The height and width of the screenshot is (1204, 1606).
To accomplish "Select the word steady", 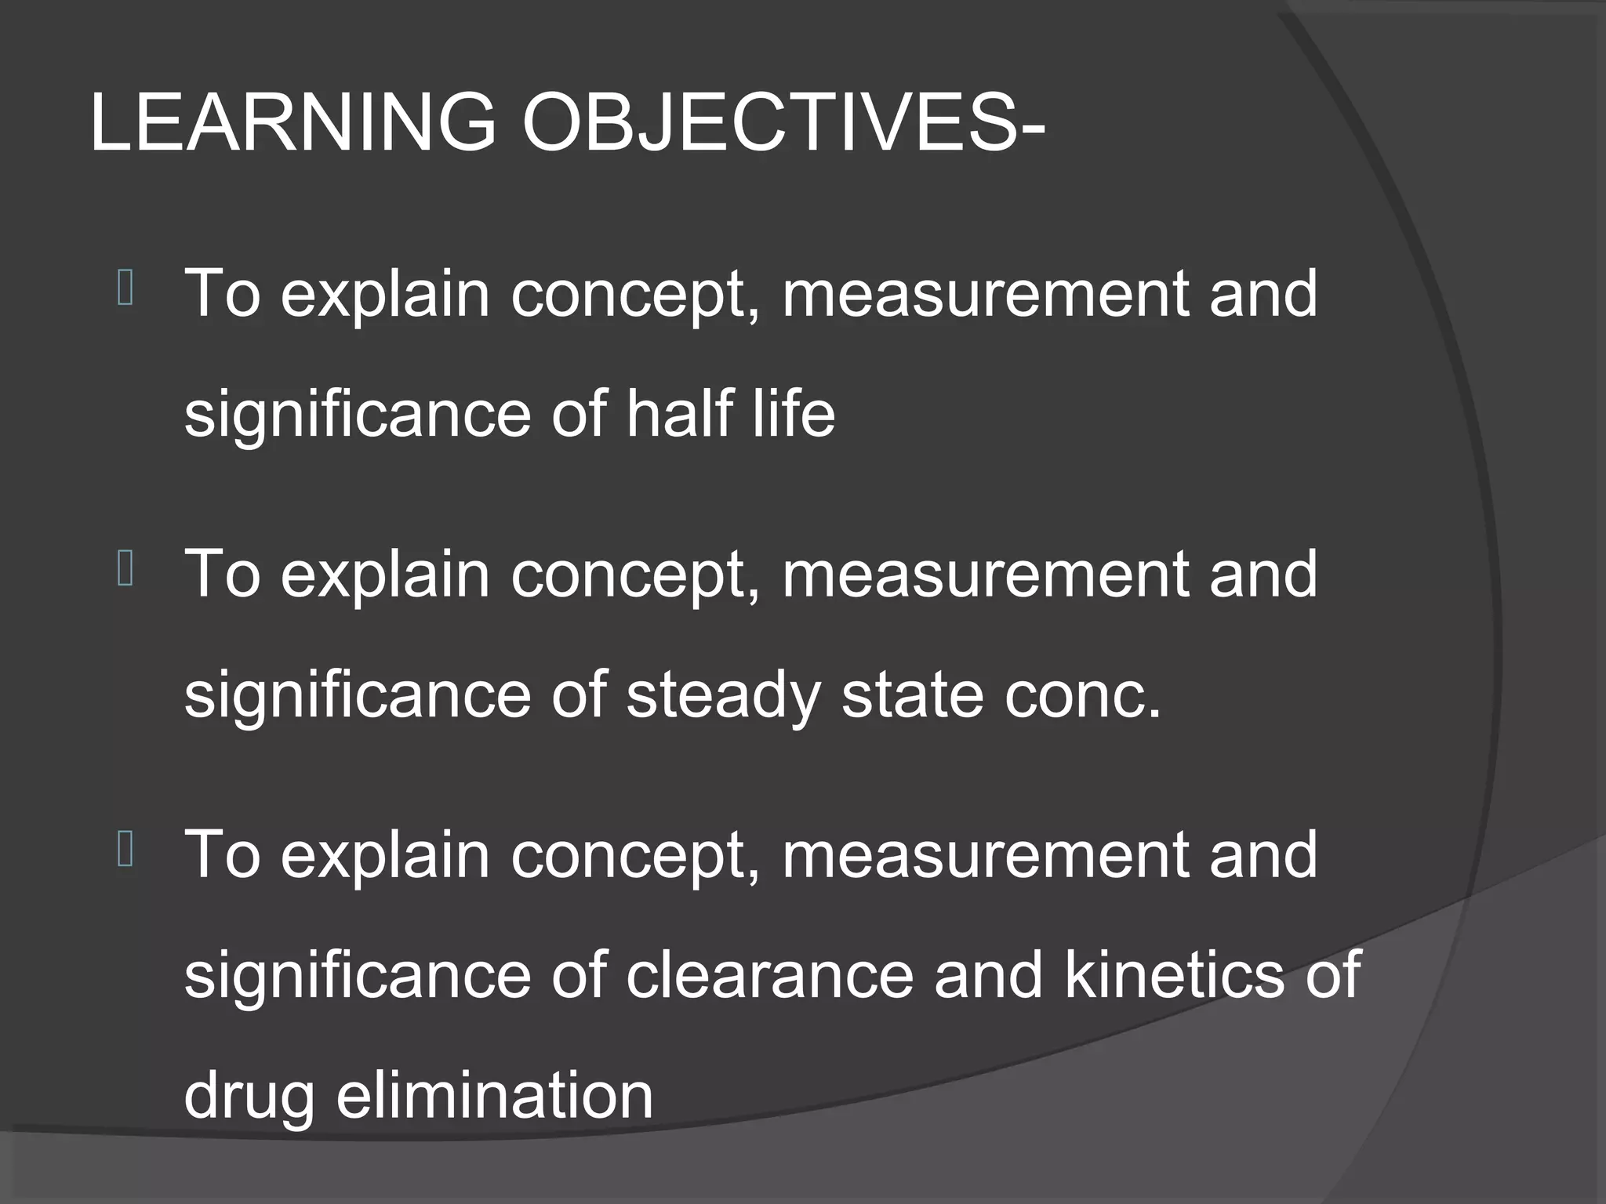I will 723,695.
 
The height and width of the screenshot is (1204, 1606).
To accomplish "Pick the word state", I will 912,695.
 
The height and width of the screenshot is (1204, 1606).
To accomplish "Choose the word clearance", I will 770,974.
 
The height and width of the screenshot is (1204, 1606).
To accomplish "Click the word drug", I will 249,1097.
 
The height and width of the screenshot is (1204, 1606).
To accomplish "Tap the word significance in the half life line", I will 358,415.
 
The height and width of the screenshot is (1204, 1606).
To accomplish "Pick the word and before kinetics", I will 990,974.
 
